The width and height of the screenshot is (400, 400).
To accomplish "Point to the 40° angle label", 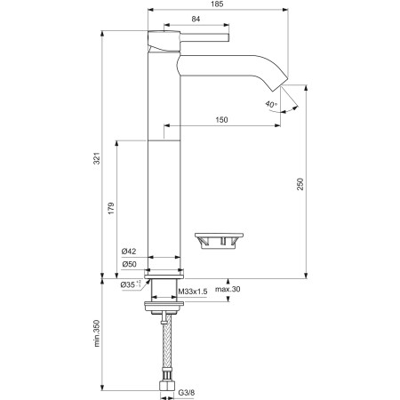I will (270, 105).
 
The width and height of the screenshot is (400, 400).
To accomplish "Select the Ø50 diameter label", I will (129, 265).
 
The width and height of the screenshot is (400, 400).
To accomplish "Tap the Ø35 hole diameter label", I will (130, 286).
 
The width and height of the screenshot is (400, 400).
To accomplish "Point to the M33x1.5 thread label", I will (193, 291).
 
